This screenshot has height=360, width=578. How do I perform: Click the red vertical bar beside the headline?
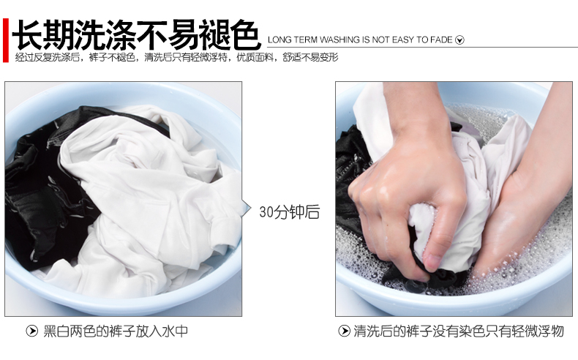pyautogui.click(x=6, y=40)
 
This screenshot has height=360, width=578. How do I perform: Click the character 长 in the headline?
pyautogui.click(x=28, y=34)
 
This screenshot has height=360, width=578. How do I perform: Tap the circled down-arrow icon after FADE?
pyautogui.click(x=459, y=40)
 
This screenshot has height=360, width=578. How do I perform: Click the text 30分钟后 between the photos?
pyautogui.click(x=290, y=212)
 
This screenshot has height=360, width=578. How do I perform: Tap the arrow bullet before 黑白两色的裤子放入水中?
pyautogui.click(x=32, y=331)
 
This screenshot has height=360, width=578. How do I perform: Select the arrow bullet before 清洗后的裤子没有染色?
pyautogui.click(x=344, y=331)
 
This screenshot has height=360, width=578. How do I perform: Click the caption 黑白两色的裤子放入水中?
pyautogui.click(x=116, y=331)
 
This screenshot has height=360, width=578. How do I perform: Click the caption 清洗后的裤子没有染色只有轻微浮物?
pyautogui.click(x=459, y=331)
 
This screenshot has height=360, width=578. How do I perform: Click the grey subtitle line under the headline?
pyautogui.click(x=176, y=58)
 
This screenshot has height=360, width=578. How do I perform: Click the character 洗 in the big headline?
pyautogui.click(x=89, y=34)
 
